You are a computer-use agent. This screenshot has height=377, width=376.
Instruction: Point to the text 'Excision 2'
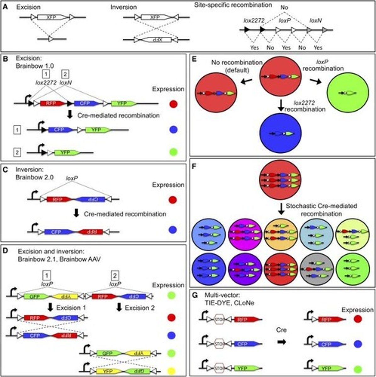click(140, 308)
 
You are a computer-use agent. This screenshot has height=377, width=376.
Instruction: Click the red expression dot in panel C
click(172, 200)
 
